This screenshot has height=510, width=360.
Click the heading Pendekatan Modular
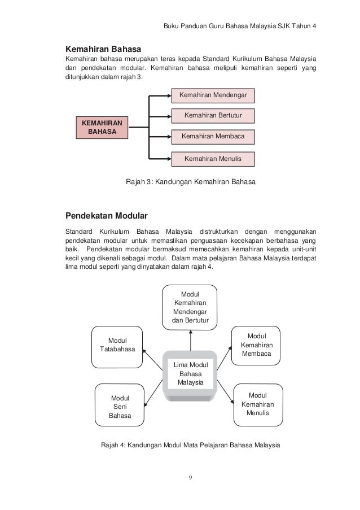[107, 216]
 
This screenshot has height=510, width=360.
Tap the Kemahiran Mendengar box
[213, 94]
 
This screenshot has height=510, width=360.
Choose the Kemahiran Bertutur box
[213, 116]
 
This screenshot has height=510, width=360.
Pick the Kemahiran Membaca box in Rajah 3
[213, 137]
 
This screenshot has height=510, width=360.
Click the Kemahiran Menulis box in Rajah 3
[213, 159]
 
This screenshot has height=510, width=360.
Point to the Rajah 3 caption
[190, 182]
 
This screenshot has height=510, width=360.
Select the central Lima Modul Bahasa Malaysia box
[190, 374]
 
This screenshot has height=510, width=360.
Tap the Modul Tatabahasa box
[117, 345]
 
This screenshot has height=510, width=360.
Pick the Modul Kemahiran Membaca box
[256, 345]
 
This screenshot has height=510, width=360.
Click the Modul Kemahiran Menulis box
[257, 404]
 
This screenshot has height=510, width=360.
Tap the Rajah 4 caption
[190, 444]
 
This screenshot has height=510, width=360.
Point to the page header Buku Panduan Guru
[239, 27]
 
